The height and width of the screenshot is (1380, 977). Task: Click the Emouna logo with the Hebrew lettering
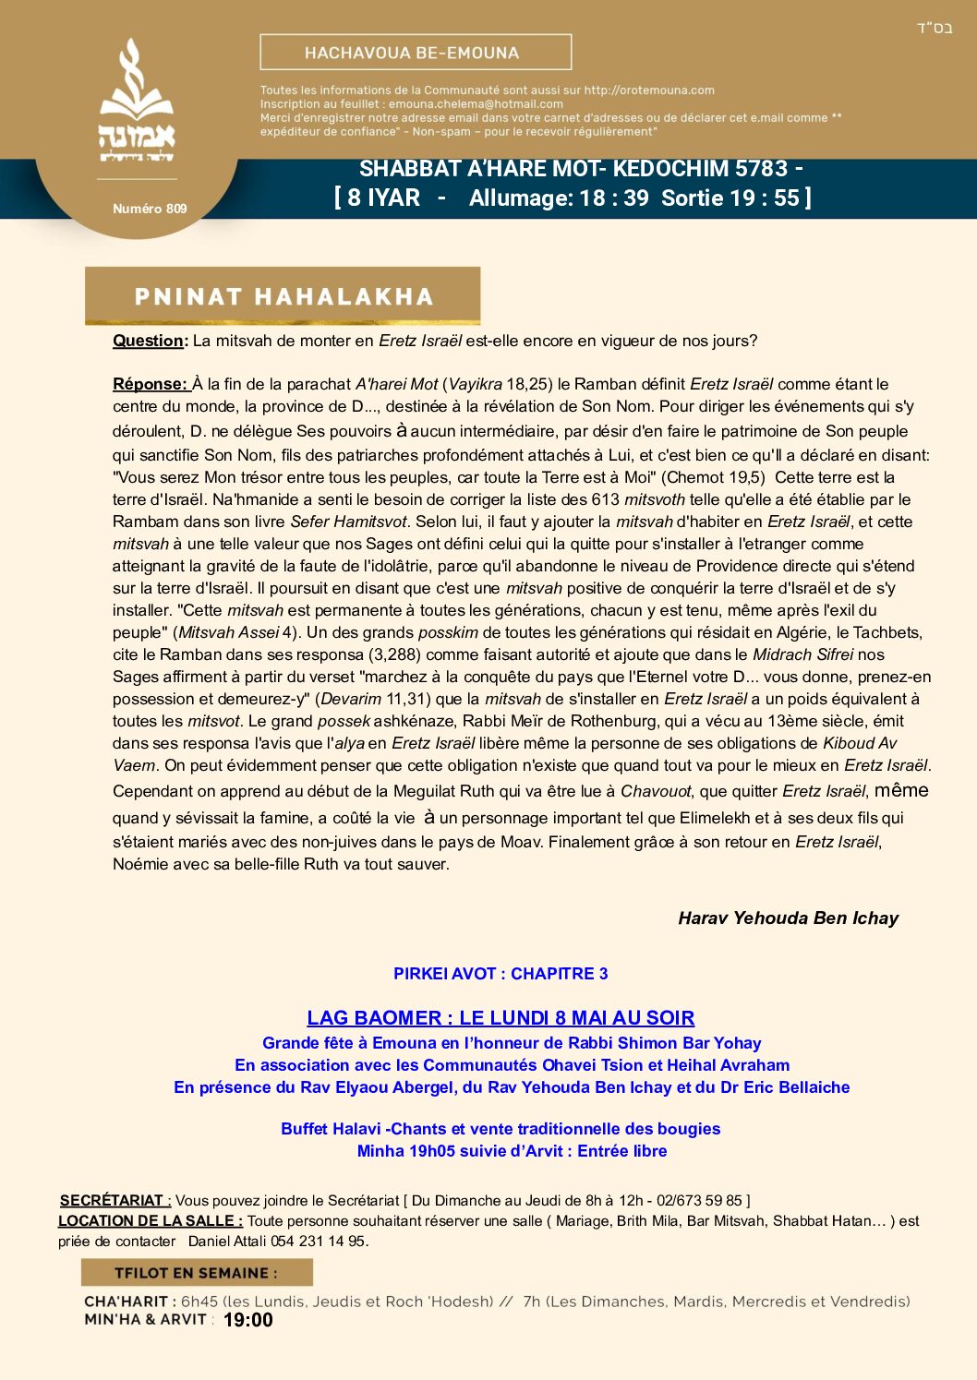137,102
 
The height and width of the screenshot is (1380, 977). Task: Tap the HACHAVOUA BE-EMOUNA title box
416,53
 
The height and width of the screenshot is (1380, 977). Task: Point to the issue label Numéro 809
150,209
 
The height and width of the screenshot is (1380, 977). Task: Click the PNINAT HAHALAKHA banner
283,296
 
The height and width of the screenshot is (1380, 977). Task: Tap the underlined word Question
148,341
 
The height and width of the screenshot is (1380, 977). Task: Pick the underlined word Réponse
150,384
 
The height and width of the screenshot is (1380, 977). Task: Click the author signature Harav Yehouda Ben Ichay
788,918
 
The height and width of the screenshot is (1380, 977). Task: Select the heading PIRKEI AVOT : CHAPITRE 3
501,974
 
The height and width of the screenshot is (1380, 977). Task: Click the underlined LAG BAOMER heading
501,1018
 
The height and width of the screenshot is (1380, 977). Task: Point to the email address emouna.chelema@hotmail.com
476,104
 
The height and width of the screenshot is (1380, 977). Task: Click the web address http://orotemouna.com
649,90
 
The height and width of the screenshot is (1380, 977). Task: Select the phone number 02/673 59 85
699,1200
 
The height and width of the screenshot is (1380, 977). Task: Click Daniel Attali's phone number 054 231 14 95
318,1242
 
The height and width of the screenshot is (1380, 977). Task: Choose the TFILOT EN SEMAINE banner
196,1273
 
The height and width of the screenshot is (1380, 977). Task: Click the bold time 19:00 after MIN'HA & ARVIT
248,1320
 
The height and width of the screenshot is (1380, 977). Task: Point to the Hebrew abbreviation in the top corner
935,28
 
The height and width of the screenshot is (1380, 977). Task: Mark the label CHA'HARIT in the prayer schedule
127,1302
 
